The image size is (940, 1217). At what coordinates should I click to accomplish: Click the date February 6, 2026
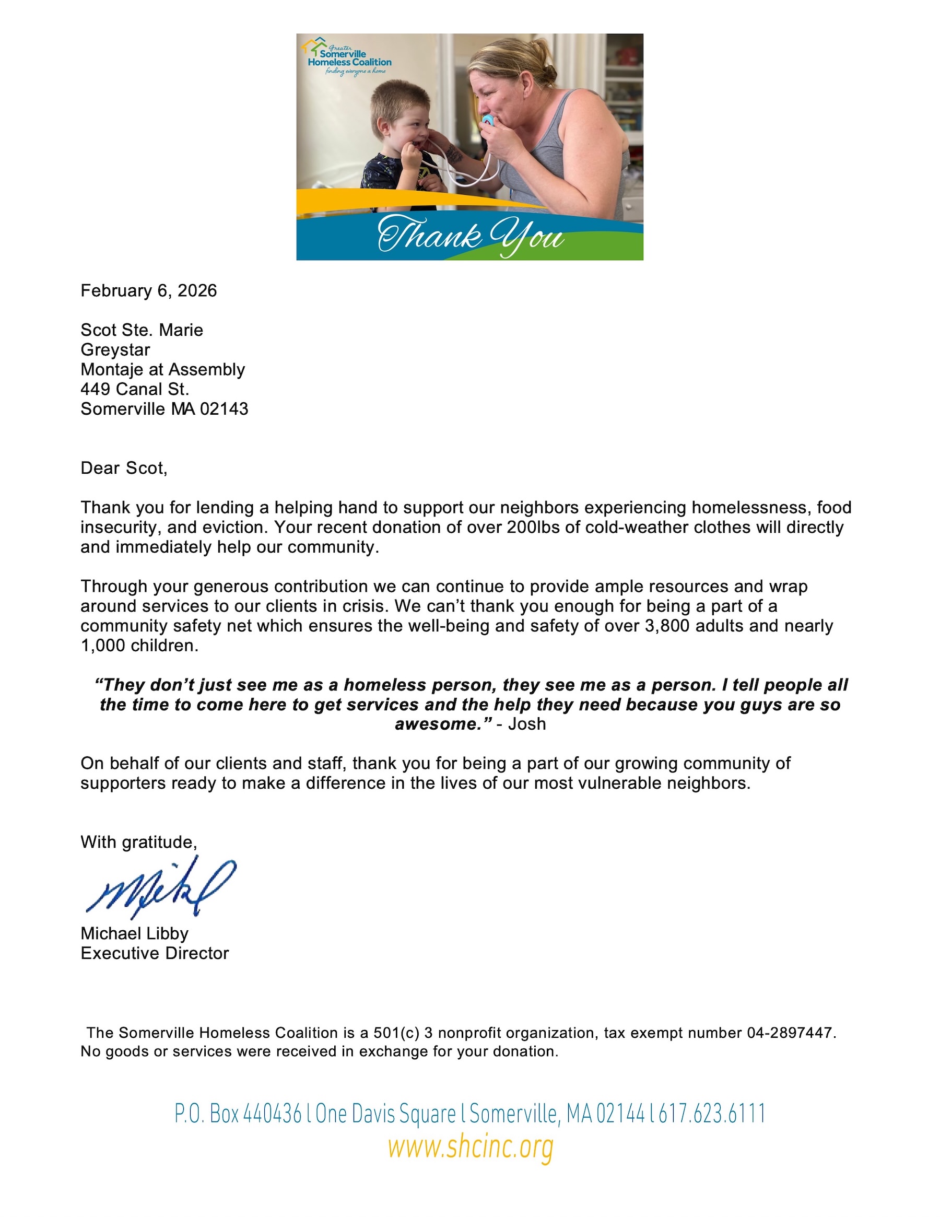point(148,291)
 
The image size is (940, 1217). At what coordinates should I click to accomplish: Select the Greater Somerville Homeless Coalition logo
point(348,57)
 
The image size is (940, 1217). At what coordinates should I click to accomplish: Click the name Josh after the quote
point(526,724)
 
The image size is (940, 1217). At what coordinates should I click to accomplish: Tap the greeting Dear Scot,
point(124,468)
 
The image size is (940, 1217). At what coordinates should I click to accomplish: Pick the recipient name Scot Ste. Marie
point(142,330)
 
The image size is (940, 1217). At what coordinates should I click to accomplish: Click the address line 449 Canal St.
point(135,389)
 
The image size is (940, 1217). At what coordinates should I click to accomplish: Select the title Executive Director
point(155,953)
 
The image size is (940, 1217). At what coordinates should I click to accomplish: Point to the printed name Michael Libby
point(134,933)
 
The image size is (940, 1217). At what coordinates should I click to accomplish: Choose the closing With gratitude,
point(138,842)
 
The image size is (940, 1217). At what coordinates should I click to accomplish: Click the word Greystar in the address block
point(115,350)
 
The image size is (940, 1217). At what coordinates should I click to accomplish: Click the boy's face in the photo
point(402,128)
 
